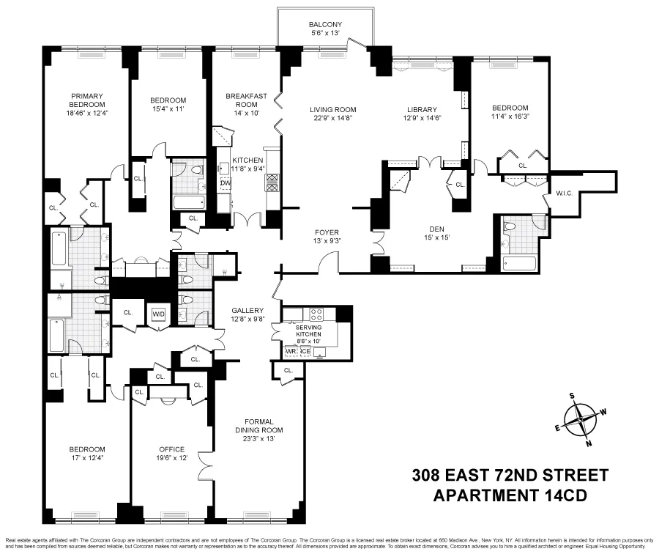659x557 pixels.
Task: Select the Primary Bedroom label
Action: point(86,100)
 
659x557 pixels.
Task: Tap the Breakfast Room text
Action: point(245,100)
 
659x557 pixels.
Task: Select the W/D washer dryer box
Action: point(159,314)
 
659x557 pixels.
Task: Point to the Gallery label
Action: point(242,310)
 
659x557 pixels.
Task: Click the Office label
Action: point(172,449)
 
